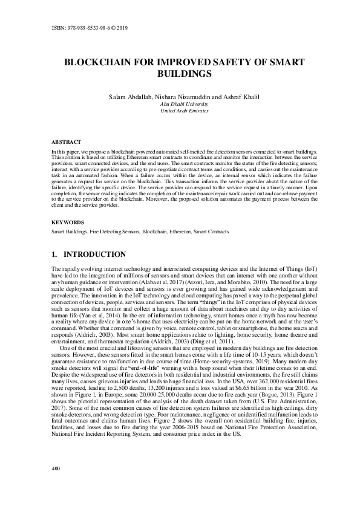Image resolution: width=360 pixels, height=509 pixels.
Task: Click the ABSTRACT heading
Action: coord(65,141)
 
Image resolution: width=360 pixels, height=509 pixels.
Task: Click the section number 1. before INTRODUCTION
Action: coord(55,254)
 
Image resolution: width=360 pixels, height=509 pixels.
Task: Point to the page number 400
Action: coord(56,468)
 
